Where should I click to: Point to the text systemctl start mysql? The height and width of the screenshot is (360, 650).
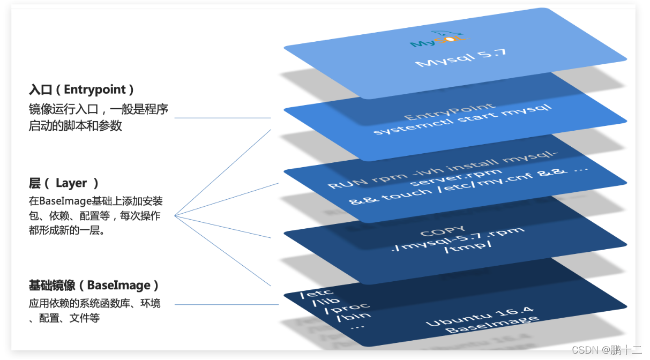click(x=462, y=121)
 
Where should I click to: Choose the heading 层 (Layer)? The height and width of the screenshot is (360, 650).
click(x=64, y=183)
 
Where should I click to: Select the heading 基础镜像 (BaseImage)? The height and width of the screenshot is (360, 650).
click(x=94, y=285)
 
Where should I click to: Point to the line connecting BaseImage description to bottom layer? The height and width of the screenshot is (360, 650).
click(x=226, y=305)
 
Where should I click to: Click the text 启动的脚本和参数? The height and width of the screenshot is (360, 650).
click(x=76, y=126)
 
